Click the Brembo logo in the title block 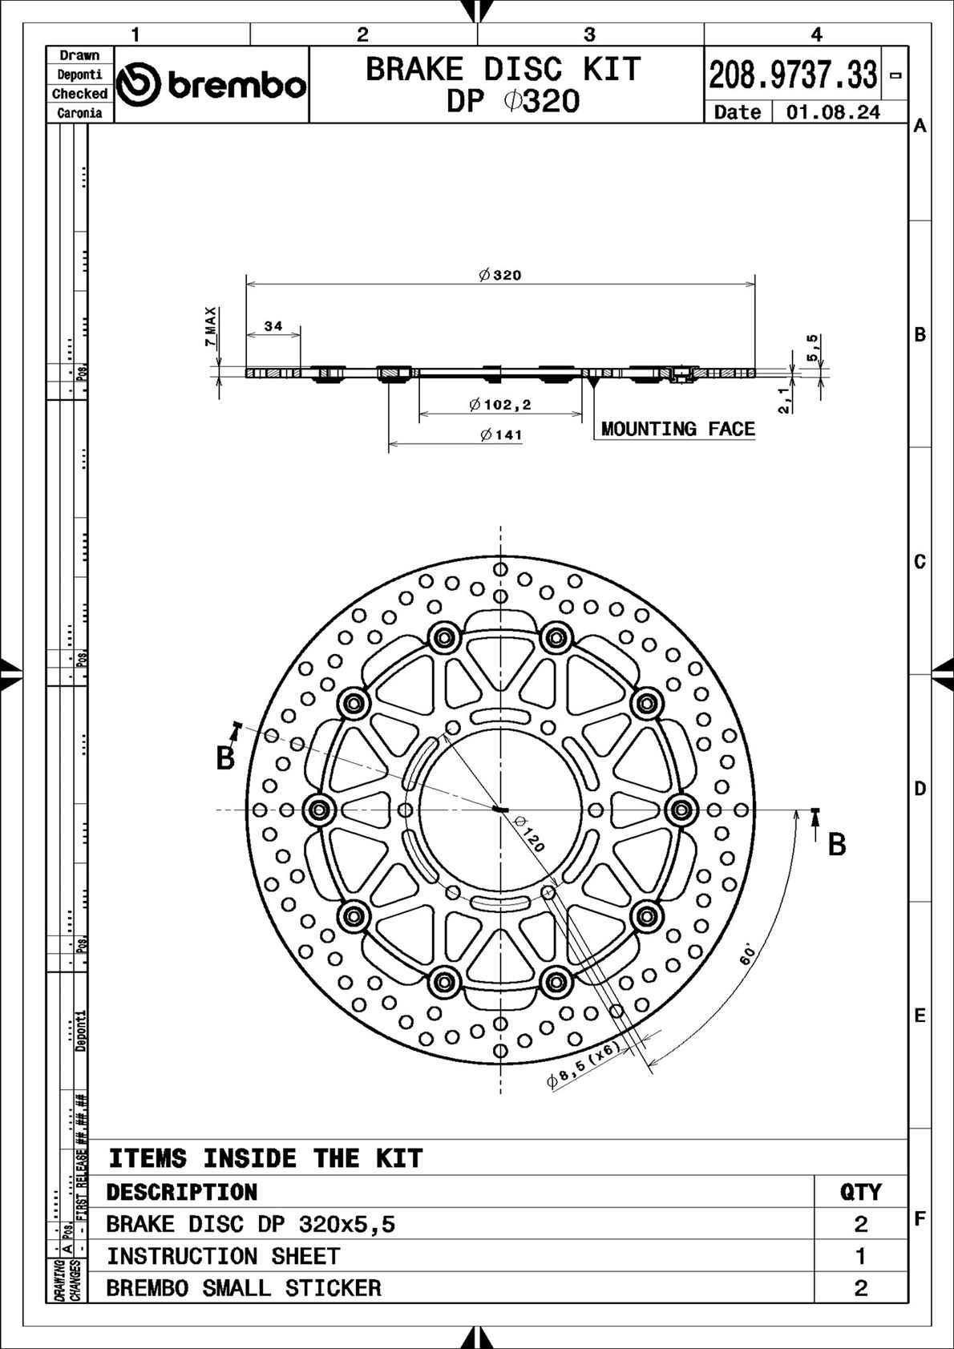click(x=212, y=85)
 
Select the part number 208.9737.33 click(x=792, y=75)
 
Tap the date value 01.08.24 click(x=833, y=112)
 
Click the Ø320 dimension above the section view click(x=500, y=275)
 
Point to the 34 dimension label click(x=273, y=326)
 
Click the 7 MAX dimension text click(x=210, y=326)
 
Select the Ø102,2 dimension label click(x=500, y=405)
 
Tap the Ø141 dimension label click(x=501, y=435)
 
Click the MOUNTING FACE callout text click(x=677, y=430)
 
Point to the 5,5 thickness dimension click(x=811, y=347)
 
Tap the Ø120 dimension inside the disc click(x=529, y=834)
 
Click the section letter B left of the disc click(x=225, y=758)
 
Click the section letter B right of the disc click(x=836, y=844)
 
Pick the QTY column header click(x=860, y=1192)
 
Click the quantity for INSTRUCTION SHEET click(x=860, y=1256)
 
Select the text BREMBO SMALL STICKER click(x=244, y=1288)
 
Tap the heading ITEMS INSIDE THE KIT click(x=265, y=1158)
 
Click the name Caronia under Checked click(x=79, y=113)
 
